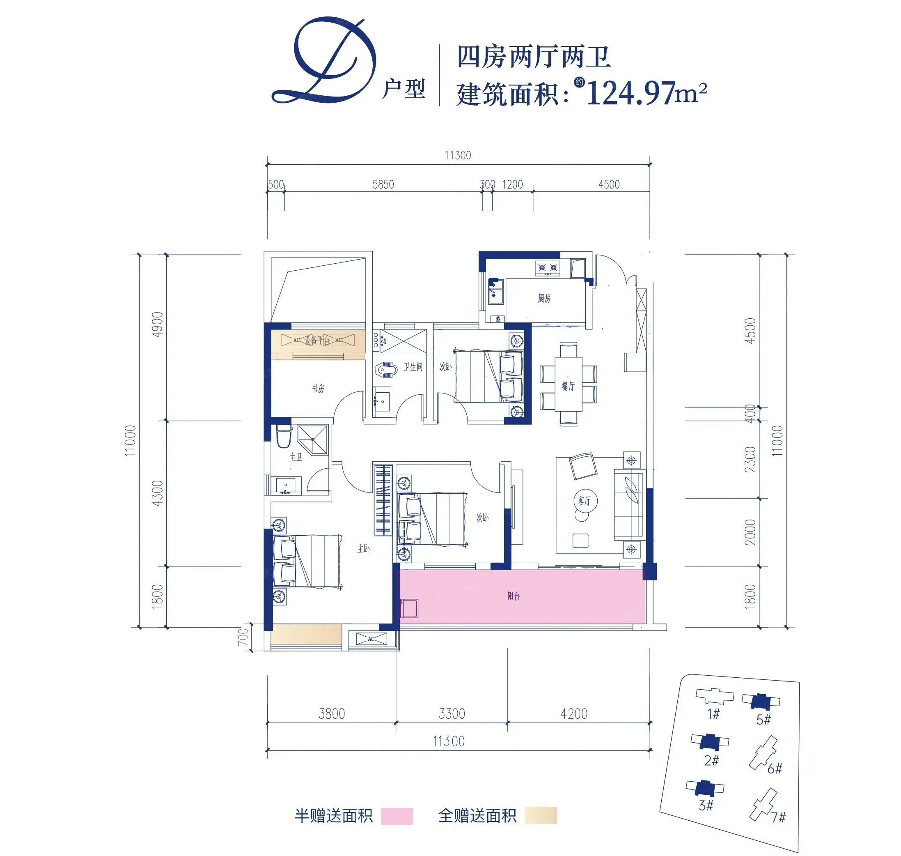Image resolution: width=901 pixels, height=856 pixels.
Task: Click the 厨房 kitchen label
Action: coord(544,299)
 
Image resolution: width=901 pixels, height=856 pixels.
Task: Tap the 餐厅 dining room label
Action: coord(568,386)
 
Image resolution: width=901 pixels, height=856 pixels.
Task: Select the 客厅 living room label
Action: coord(584,501)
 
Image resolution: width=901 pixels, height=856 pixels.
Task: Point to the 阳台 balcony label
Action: coord(514,596)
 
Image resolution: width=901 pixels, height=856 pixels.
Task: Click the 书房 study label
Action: coord(318,388)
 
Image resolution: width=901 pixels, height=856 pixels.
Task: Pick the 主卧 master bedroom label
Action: coord(363,548)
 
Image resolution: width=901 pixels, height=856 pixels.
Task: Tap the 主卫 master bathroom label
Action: coord(296,457)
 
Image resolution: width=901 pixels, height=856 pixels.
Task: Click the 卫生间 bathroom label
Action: coord(413,367)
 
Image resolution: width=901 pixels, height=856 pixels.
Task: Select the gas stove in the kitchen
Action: coord(547,268)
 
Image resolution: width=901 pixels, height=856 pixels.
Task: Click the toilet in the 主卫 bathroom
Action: coord(284,436)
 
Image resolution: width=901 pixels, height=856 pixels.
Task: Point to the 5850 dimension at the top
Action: coord(383,185)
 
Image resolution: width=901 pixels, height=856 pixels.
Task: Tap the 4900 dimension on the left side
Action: coord(157,324)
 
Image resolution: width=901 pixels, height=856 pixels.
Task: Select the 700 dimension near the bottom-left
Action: coord(243,637)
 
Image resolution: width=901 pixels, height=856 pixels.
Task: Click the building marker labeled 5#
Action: coord(761,701)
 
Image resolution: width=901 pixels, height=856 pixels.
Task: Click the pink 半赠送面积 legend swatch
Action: coord(397,816)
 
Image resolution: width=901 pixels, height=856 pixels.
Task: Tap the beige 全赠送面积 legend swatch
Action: coord(540,815)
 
